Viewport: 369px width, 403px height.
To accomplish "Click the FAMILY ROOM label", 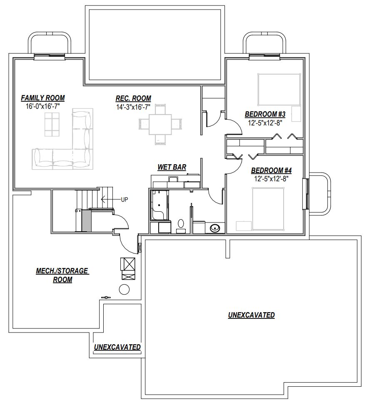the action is (43, 98).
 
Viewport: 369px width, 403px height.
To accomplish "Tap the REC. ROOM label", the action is (133, 98).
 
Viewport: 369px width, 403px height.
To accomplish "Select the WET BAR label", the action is (172, 167).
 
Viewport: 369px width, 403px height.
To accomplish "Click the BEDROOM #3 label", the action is (265, 114).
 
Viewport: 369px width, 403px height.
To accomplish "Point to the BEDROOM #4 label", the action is (272, 170).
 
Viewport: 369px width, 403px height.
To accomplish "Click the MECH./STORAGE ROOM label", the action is (62, 275).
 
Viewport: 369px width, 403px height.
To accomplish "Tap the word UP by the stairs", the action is (124, 200).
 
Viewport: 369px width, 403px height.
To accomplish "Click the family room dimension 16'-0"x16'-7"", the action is (43, 106).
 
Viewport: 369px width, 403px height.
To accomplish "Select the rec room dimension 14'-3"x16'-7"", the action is (133, 107).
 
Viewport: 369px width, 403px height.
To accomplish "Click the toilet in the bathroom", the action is (181, 225).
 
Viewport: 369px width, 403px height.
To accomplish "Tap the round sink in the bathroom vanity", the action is (214, 228).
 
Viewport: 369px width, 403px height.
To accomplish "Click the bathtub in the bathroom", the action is (160, 205).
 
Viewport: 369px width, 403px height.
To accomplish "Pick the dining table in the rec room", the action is (160, 124).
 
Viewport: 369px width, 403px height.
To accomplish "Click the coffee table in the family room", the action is (52, 124).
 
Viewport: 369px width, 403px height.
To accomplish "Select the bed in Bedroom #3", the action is (279, 90).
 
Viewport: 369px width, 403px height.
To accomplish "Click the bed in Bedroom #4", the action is (268, 209).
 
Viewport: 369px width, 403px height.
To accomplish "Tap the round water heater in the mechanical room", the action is (124, 290).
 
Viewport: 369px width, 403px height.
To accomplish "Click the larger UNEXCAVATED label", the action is (252, 315).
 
